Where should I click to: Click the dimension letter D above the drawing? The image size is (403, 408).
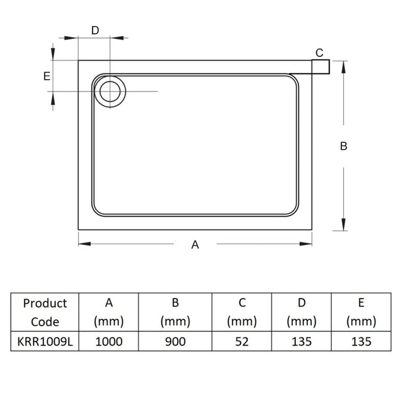tap(95, 30)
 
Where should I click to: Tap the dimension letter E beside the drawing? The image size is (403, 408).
tap(47, 76)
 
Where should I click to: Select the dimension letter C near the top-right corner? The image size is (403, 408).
tap(319, 53)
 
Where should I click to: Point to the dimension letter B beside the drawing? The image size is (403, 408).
tap(344, 146)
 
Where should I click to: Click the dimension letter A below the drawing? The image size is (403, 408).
tap(195, 245)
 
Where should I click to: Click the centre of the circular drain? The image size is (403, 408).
tap(110, 92)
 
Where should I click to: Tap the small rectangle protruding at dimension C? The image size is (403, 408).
tap(320, 67)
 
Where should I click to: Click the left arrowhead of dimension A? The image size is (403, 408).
tap(84, 244)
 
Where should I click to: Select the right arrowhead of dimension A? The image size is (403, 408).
tap(306, 244)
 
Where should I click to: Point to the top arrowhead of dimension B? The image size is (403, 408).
tap(344, 67)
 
